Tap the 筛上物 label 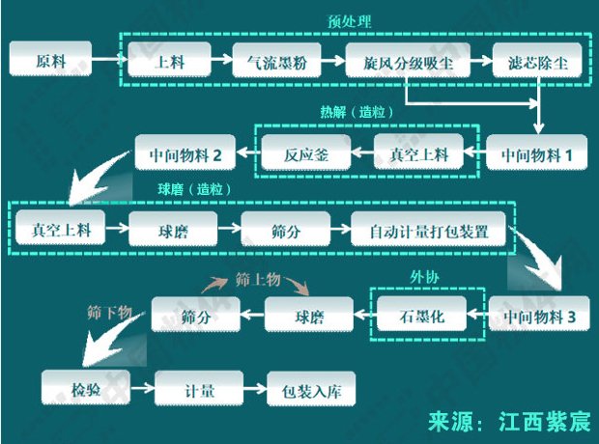coord(256,278)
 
